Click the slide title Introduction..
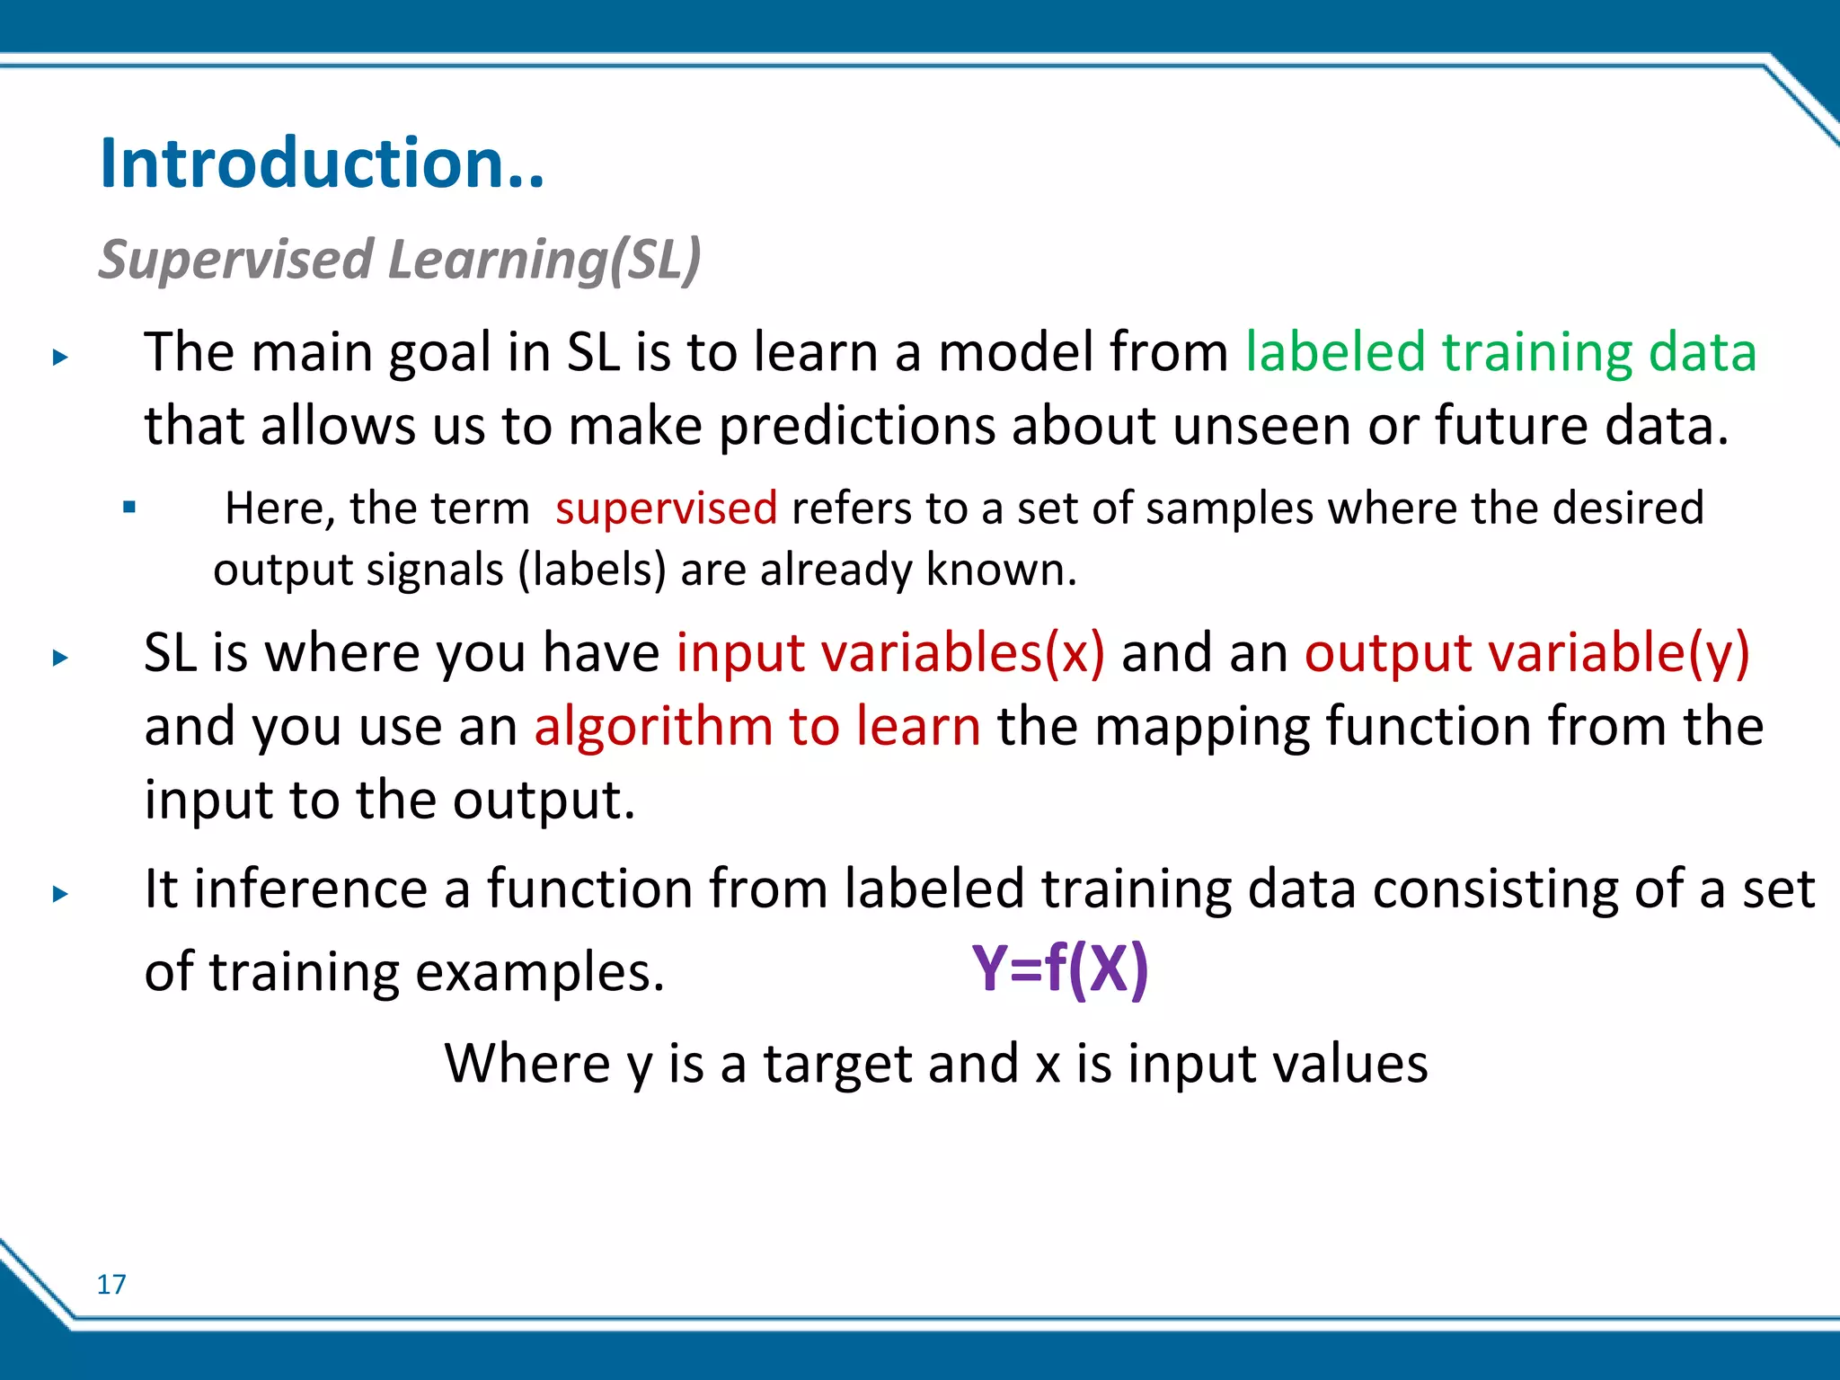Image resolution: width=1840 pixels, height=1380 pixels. pyautogui.click(x=322, y=164)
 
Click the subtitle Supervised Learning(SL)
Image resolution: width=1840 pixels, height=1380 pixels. pyautogui.click(x=399, y=260)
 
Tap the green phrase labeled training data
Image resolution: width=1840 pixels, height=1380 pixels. pyautogui.click(x=1499, y=351)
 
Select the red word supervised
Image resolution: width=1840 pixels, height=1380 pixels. pyautogui.click(x=666, y=509)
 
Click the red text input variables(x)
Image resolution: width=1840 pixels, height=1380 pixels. pyautogui.click(x=889, y=652)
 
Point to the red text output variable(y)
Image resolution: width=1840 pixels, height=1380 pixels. pyautogui.click(x=1526, y=652)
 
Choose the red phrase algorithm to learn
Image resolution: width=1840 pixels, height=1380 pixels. pyautogui.click(x=756, y=726)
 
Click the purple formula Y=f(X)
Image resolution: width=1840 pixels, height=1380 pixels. pyautogui.click(x=1059, y=969)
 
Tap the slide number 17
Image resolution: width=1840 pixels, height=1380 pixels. pyautogui.click(x=111, y=1285)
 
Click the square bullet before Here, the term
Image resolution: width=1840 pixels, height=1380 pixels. pyautogui.click(x=129, y=508)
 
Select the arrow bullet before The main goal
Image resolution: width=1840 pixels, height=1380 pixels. pyautogui.click(x=60, y=358)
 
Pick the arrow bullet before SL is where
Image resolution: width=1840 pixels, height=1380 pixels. pyautogui.click(x=60, y=658)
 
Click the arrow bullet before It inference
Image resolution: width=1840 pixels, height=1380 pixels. pyautogui.click(x=60, y=894)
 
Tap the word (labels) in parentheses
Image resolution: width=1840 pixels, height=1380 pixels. pyautogui.click(x=592, y=571)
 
